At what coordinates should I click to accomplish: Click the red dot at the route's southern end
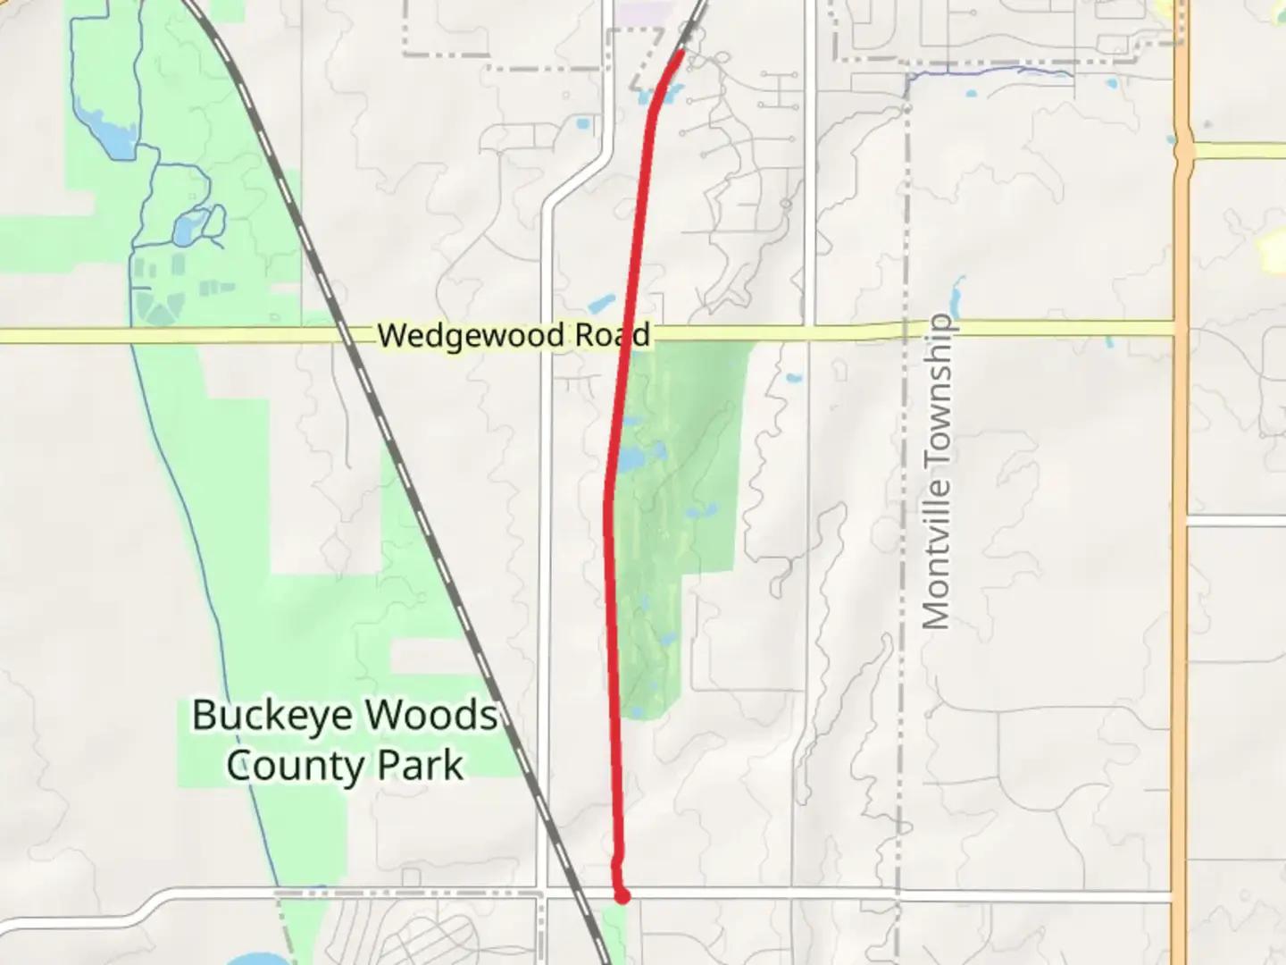622,895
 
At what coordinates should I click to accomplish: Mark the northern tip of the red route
682,53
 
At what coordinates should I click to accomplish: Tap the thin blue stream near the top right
991,69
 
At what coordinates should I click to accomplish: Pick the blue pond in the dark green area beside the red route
632,459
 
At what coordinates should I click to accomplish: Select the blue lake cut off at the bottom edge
250,961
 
